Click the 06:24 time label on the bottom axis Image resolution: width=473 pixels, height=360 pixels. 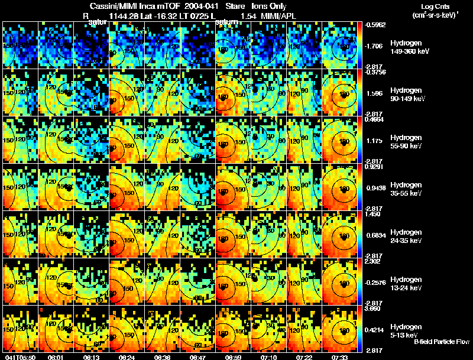pos(127,357)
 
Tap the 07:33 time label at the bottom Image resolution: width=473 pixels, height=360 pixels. pos(340,357)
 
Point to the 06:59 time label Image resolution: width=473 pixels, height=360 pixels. pos(234,357)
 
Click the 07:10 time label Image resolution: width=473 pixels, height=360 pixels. pos(269,357)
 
